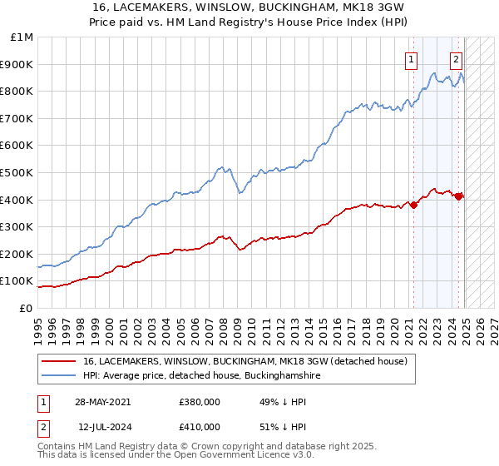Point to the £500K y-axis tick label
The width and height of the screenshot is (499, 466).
pos(18,172)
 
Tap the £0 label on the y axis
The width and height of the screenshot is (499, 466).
pos(27,308)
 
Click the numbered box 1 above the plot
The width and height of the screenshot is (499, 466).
pos(412,59)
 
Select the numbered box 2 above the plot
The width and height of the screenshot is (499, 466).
pos(457,59)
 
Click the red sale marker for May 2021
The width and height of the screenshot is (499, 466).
pos(413,205)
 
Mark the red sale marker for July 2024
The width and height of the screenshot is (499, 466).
pos(458,196)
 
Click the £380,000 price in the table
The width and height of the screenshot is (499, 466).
pos(200,402)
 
